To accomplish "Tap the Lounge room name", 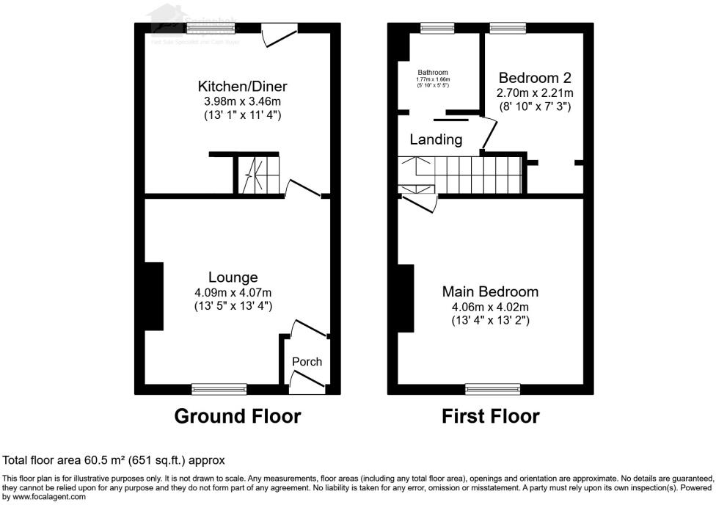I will pos(233,277).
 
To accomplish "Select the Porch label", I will pos(307,362).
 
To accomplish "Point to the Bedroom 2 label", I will pos(535,78).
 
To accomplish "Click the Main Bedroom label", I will pos(489,292).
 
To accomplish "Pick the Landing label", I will pos(436,139).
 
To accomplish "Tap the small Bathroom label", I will pos(433,73).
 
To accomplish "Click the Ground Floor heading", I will pos(237,417).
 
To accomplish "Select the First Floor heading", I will pos(490,417).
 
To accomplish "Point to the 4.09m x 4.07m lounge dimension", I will pos(233,292).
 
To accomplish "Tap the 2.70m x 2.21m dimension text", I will pos(535,93).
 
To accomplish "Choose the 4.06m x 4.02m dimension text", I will pos(489,307).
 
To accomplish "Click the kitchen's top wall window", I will pos(210,28).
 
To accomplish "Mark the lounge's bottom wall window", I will pos(219,388).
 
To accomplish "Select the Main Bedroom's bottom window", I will pos(491,388).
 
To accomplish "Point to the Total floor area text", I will pos(114,460).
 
